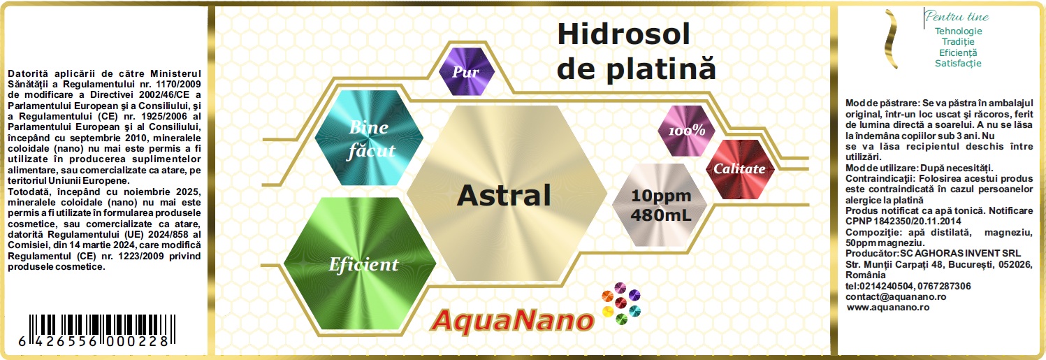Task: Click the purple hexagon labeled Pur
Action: (x=467, y=71)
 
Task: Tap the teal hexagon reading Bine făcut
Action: (x=369, y=138)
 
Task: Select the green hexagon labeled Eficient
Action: (x=360, y=264)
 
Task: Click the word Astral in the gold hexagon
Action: (x=504, y=195)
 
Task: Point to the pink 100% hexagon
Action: (x=686, y=131)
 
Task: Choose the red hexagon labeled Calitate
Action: (x=739, y=169)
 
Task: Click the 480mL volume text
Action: (x=661, y=215)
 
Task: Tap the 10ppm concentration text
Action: (x=661, y=196)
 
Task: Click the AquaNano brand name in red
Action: (x=512, y=322)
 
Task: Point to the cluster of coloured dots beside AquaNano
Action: (x=621, y=303)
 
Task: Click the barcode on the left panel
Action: (x=97, y=331)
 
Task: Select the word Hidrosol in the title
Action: (x=623, y=34)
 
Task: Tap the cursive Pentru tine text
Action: (x=957, y=17)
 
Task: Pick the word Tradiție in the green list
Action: (x=958, y=41)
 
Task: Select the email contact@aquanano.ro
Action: (x=896, y=297)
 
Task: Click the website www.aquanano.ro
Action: (x=888, y=308)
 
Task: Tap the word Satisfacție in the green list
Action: (x=958, y=64)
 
